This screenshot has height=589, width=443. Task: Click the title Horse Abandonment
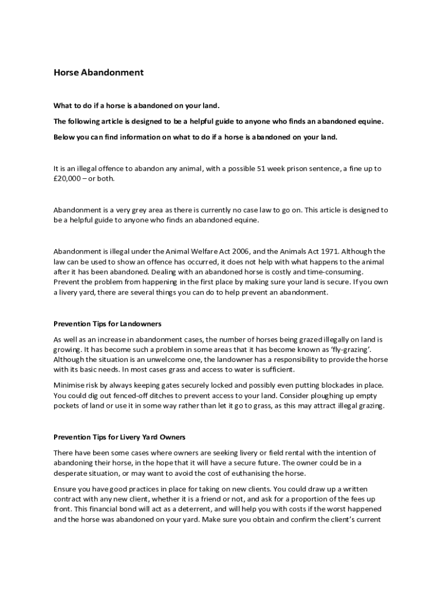[x=98, y=73]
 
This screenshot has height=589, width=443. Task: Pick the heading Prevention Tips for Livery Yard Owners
[x=120, y=437]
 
